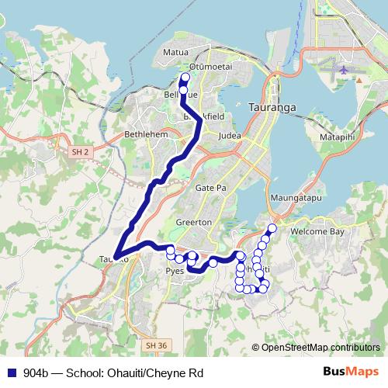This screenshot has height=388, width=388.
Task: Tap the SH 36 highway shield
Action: (x=155, y=344)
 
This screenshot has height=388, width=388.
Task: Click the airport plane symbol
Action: (x=344, y=70)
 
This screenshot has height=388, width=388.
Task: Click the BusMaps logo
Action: (x=351, y=372)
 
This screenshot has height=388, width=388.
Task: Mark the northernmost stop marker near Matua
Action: (x=185, y=78)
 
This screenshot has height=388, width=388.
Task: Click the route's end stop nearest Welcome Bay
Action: (x=272, y=228)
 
